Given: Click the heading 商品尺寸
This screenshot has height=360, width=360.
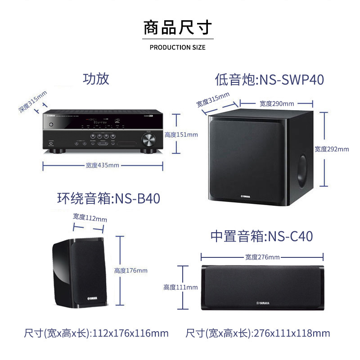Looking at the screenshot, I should (177, 27).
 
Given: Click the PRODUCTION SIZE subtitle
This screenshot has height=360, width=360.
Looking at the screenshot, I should (177, 47).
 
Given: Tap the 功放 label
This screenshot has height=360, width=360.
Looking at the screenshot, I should (96, 79).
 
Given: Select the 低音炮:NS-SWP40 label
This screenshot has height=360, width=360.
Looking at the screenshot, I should (270, 80).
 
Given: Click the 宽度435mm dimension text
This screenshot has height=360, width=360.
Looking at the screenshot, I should (103, 165).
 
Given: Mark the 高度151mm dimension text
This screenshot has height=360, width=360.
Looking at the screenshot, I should (181, 134).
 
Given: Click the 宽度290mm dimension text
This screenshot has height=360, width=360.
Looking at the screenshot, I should (277, 103).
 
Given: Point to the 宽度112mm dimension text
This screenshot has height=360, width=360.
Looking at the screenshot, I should (90, 218).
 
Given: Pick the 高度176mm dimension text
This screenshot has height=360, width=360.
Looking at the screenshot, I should (130, 270).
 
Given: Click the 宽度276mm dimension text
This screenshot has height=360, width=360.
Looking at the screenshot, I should (262, 257).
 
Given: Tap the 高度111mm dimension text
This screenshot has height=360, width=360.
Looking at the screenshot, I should (180, 287).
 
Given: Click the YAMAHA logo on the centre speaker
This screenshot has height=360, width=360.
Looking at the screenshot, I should (262, 303).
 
